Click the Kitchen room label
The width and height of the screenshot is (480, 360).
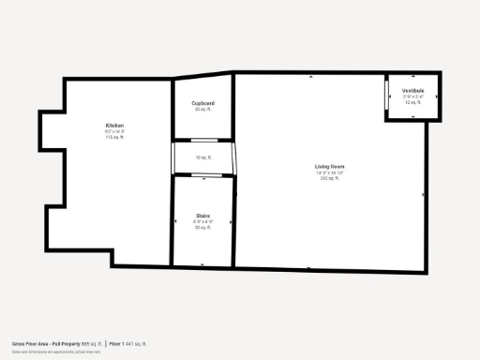pos(115,126)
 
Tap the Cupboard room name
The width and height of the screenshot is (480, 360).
pos(203,103)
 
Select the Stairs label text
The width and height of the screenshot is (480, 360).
pos(203,215)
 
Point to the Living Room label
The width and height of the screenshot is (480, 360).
pos(330,167)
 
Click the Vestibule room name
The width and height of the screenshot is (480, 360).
pos(413,90)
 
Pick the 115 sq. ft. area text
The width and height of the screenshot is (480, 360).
pos(115,137)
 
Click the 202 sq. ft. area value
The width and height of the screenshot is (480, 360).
pos(330,178)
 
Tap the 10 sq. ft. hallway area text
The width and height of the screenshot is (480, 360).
pos(203,157)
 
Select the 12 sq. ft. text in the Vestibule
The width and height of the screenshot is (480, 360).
pos(413,101)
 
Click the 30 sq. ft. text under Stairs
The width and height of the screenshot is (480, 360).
pos(203,227)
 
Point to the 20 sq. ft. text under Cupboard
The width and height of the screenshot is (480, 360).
pos(203,110)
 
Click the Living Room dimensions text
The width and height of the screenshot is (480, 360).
pos(330,172)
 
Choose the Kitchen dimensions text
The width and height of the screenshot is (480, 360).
pos(115,131)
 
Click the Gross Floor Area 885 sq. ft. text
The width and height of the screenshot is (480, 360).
pos(56,344)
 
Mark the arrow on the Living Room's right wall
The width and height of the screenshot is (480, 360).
pos(424,195)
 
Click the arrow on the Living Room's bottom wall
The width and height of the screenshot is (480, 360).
pos(309,269)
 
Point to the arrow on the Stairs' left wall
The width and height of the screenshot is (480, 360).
pos(174,220)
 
